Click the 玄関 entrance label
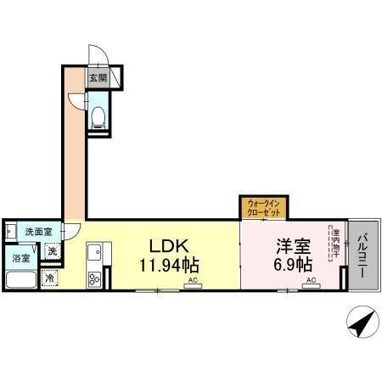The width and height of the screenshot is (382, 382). click(98, 78)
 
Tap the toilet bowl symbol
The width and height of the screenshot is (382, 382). click(98, 115)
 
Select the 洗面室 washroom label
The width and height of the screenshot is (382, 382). click(37, 232)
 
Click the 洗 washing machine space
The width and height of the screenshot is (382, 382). click(53, 251)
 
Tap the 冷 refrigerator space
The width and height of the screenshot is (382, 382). click(50, 278)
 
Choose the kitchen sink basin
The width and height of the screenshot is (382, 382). click(93, 252)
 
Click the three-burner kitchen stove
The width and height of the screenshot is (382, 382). click(93, 277)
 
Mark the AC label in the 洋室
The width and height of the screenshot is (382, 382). click(312, 281)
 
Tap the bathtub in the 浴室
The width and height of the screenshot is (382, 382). click(20, 279)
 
